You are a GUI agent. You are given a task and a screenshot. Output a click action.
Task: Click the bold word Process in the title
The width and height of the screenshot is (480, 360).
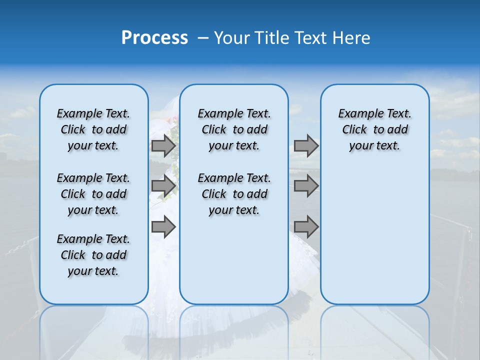pos(154,37)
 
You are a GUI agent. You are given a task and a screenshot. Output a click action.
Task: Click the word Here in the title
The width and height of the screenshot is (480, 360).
pos(352,37)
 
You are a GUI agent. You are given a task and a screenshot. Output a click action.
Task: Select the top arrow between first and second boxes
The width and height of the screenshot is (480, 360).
pos(163,146)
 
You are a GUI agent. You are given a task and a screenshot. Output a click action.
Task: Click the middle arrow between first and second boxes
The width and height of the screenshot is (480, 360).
pos(163,186)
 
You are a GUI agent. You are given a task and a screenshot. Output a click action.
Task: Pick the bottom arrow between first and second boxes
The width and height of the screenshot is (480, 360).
pos(163,226)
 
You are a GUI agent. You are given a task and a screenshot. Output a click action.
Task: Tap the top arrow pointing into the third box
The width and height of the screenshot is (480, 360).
pos(306,146)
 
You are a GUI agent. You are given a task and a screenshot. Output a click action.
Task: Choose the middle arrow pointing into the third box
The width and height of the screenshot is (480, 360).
pos(306,186)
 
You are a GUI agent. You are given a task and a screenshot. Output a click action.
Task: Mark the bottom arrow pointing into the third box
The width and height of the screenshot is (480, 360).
pos(306,226)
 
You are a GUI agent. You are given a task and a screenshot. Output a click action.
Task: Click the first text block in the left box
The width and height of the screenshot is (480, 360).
pos(93,129)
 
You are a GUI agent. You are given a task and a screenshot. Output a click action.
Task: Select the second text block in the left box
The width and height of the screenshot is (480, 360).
pos(93,194)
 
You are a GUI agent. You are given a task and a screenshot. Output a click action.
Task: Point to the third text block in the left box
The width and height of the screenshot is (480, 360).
pos(93,255)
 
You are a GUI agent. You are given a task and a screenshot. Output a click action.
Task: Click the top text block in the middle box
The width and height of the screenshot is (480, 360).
pos(234,129)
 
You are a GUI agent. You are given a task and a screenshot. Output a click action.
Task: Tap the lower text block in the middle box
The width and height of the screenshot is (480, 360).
pos(234,194)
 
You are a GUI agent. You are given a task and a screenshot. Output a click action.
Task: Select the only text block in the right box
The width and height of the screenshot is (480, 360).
pos(374,129)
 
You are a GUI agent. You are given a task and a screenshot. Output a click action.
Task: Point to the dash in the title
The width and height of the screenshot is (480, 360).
pos(203,38)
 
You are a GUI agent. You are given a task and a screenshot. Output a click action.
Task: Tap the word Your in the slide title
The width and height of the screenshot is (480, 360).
pos(231,37)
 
